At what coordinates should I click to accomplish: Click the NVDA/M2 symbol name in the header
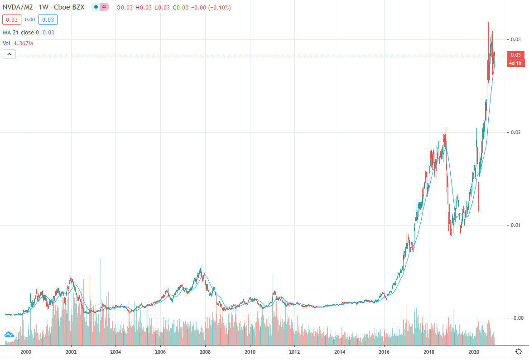click(18, 8)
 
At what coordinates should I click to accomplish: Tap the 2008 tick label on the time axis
click(205, 351)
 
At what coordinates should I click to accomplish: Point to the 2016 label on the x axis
click(384, 351)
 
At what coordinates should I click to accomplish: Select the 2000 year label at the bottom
click(26, 351)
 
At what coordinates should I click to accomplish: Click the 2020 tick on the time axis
click(473, 351)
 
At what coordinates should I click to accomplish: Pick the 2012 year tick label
click(294, 351)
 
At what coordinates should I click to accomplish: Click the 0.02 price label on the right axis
click(515, 132)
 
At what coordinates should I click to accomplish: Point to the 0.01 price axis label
click(515, 226)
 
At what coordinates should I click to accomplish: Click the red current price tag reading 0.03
click(515, 55)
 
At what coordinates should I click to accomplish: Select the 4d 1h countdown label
click(515, 63)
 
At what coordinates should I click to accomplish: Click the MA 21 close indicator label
click(21, 33)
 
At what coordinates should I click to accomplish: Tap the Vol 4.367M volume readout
click(18, 43)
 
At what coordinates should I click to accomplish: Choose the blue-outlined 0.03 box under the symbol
click(48, 19)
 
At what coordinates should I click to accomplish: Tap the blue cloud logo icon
click(9, 335)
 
